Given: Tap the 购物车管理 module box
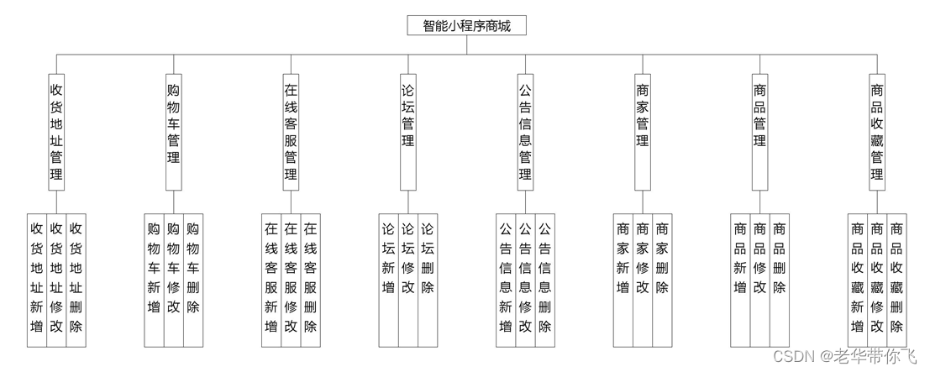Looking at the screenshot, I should pyautogui.click(x=174, y=126).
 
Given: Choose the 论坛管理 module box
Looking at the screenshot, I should pyautogui.click(x=408, y=126).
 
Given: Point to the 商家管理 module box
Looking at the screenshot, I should pyautogui.click(x=643, y=126).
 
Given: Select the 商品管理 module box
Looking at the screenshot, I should pyautogui.click(x=759, y=126).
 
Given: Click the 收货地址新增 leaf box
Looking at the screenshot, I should pyautogui.click(x=36, y=278).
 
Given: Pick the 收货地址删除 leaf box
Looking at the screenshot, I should pyautogui.click(x=76, y=278).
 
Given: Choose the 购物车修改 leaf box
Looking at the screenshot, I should pyautogui.click(x=174, y=278).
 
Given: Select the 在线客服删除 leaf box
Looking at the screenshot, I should pyautogui.click(x=311, y=278).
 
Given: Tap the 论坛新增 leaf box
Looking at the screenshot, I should pyautogui.click(x=388, y=278).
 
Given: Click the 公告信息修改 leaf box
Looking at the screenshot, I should pyautogui.click(x=525, y=278).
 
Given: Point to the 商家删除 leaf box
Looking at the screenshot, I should pyautogui.click(x=663, y=278).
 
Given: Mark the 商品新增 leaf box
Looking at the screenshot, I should pyautogui.click(x=739, y=278).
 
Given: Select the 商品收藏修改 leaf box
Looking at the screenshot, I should pyautogui.click(x=877, y=278).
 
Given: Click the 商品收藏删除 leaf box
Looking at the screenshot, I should pyautogui.click(x=897, y=278).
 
